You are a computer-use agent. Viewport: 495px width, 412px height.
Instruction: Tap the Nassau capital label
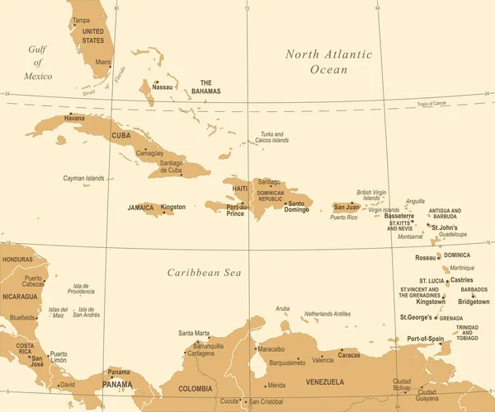[x=163, y=87]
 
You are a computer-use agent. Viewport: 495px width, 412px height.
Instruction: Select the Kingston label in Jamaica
[x=173, y=207]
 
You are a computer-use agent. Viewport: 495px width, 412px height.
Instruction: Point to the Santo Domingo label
[x=298, y=207]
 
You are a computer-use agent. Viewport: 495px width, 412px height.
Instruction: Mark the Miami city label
[x=103, y=62]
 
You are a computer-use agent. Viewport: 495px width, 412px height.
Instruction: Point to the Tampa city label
[x=81, y=20]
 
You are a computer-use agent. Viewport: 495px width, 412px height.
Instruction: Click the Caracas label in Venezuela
[x=349, y=355]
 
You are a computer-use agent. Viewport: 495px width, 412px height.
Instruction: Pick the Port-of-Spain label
[x=426, y=339]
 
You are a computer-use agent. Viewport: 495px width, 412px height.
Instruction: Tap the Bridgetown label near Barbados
[x=474, y=302]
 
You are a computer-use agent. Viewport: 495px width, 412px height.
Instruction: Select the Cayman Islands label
[x=84, y=178]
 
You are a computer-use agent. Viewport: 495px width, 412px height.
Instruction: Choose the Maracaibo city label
[x=271, y=349]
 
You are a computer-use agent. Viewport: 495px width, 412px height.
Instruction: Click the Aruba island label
[x=283, y=308]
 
